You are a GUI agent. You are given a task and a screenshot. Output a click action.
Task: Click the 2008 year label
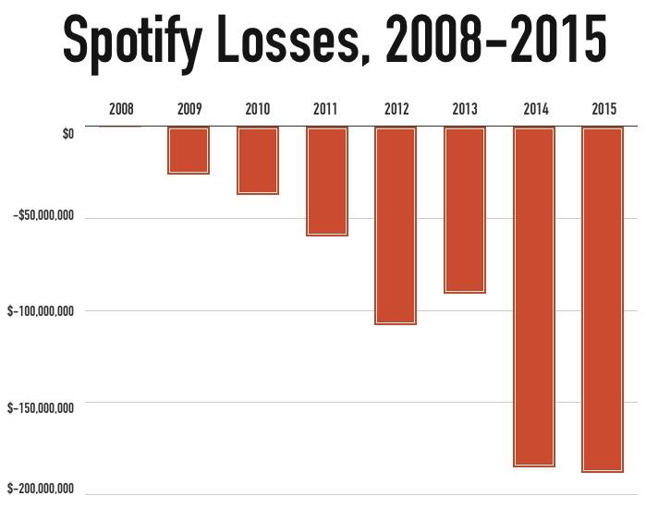(121, 109)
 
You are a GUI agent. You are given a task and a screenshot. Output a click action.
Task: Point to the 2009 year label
(189, 109)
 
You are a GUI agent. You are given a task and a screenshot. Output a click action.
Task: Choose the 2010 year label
(258, 109)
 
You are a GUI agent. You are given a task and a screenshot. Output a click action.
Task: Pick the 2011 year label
(326, 109)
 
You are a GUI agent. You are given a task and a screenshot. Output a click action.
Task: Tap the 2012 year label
(396, 109)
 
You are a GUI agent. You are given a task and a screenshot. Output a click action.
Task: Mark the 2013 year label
(465, 109)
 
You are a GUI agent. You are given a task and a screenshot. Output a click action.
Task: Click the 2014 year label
(534, 109)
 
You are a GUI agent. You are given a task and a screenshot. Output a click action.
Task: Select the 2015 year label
(603, 109)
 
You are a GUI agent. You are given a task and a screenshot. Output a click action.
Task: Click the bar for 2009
(189, 151)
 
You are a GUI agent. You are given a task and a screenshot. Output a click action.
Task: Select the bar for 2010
(258, 161)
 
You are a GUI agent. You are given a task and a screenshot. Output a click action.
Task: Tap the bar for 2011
(327, 181)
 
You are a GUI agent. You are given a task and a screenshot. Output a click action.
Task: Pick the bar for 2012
(396, 225)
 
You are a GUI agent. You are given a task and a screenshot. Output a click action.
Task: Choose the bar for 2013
(465, 210)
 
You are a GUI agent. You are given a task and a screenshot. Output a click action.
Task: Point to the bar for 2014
(534, 296)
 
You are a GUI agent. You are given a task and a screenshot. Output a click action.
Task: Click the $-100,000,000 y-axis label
(41, 311)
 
